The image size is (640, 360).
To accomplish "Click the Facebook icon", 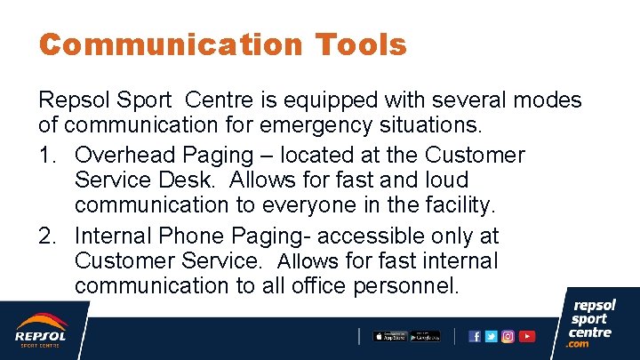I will (475, 336).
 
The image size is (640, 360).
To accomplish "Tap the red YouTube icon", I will (527, 336).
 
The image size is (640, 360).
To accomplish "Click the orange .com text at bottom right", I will (578, 344).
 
